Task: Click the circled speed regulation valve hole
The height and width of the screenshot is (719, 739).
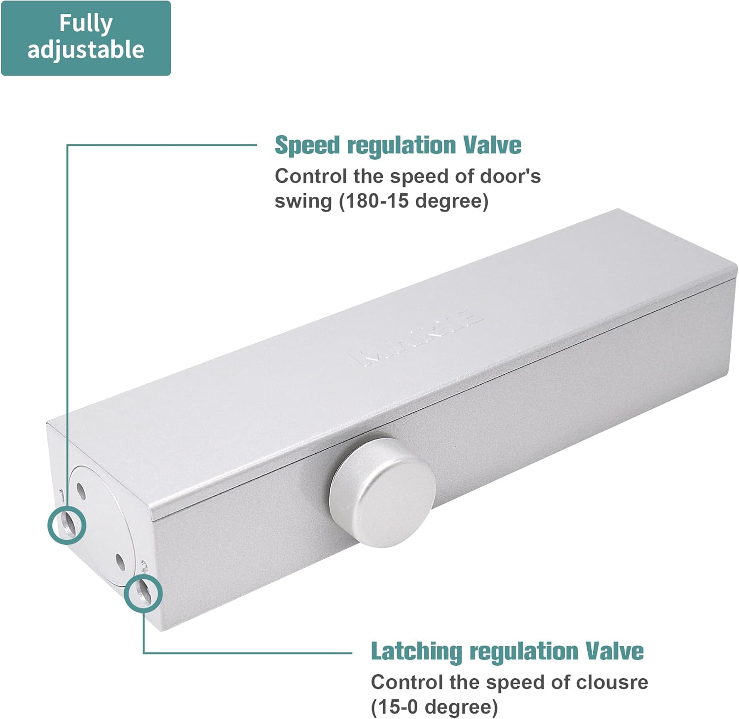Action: point(67,525)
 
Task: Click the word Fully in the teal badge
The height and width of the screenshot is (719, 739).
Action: point(86,24)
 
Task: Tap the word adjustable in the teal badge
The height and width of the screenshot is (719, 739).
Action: point(86,50)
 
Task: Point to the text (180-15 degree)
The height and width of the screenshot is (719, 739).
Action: point(413,201)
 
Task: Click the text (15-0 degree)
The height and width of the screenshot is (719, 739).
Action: point(434,707)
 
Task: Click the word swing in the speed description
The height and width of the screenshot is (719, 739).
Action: point(303,201)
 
